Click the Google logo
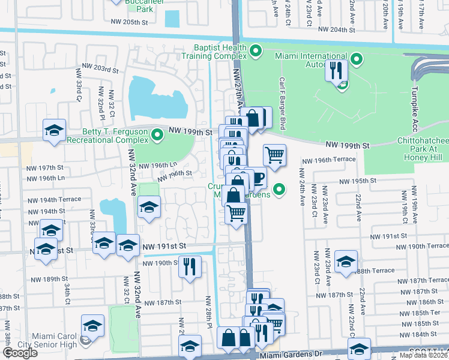[19, 353]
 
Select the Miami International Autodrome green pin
[357, 59]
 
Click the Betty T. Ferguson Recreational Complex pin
[157, 134]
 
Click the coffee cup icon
[258, 178]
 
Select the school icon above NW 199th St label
[53, 130]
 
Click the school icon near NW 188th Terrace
[346, 262]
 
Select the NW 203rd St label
[98, 70]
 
